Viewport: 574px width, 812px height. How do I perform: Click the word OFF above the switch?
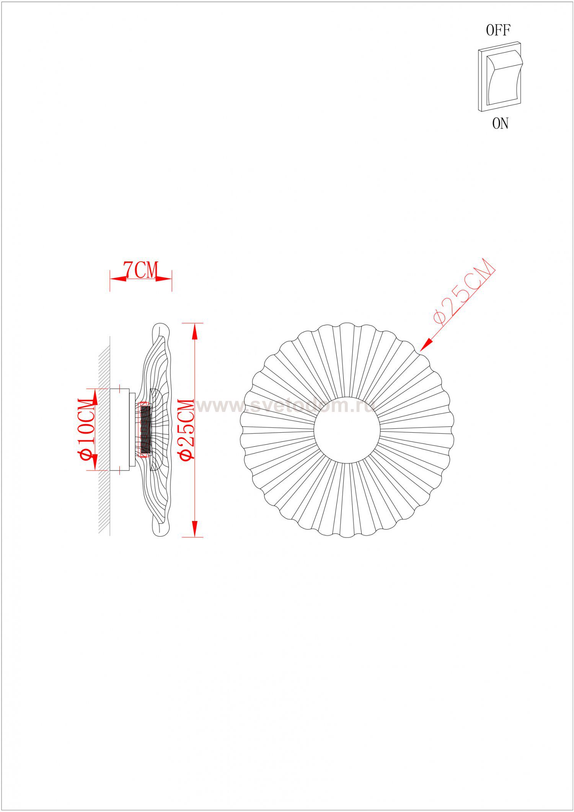498,30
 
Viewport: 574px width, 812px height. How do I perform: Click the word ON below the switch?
500,124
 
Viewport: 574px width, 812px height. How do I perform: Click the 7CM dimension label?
140,270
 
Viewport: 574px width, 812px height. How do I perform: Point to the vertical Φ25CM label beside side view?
188,429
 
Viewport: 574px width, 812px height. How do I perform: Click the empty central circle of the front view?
347,430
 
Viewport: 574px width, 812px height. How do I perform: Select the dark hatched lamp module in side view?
146,430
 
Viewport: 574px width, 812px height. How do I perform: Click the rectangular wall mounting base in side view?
119,430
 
